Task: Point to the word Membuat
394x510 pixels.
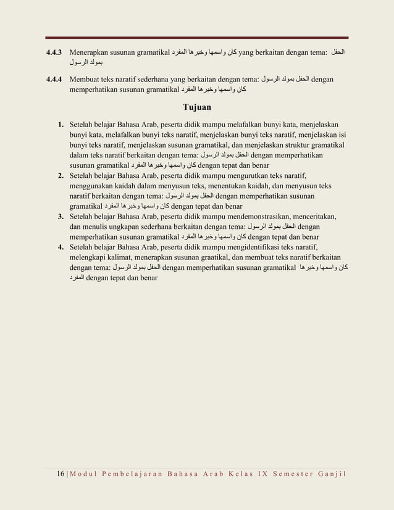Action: tap(87, 80)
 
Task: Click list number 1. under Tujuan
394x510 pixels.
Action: tap(62, 125)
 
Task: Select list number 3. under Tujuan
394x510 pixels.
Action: tap(62, 216)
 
